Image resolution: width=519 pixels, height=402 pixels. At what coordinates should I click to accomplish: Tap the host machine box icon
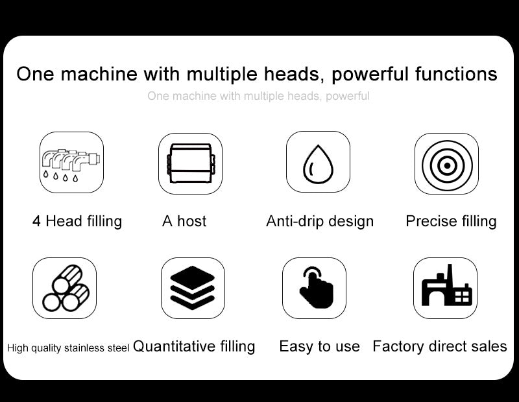click(x=191, y=163)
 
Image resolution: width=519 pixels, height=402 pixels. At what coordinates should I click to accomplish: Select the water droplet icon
click(x=318, y=164)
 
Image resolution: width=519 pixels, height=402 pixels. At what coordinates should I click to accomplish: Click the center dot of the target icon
click(x=447, y=165)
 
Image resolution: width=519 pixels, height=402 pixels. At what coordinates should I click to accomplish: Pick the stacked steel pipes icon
click(x=66, y=288)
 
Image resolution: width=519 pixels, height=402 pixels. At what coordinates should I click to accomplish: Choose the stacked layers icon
click(x=193, y=287)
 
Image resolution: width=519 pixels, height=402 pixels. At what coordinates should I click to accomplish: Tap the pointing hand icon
click(x=317, y=287)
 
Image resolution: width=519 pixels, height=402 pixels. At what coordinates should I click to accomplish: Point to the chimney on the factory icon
click(x=449, y=273)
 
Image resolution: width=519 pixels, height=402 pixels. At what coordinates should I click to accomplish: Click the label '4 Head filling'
click(x=77, y=221)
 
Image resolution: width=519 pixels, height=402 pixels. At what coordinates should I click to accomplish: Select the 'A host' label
click(x=184, y=221)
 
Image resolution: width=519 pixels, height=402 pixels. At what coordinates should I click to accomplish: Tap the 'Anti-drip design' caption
click(x=320, y=221)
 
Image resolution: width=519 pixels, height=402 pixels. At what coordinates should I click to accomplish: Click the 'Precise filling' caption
click(x=451, y=221)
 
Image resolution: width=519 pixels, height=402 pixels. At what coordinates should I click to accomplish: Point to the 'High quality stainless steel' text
click(x=68, y=348)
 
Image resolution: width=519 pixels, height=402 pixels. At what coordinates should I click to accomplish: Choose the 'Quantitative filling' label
click(x=194, y=346)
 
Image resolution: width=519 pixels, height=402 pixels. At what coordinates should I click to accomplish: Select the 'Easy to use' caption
click(x=319, y=346)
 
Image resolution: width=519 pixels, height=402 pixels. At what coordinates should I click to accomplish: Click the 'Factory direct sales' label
click(x=440, y=346)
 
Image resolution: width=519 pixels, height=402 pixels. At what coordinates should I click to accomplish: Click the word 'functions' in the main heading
click(x=456, y=73)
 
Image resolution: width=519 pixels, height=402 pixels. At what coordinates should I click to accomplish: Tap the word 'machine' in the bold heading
click(x=99, y=73)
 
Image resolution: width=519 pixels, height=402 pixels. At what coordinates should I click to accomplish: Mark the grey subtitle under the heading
click(x=258, y=96)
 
